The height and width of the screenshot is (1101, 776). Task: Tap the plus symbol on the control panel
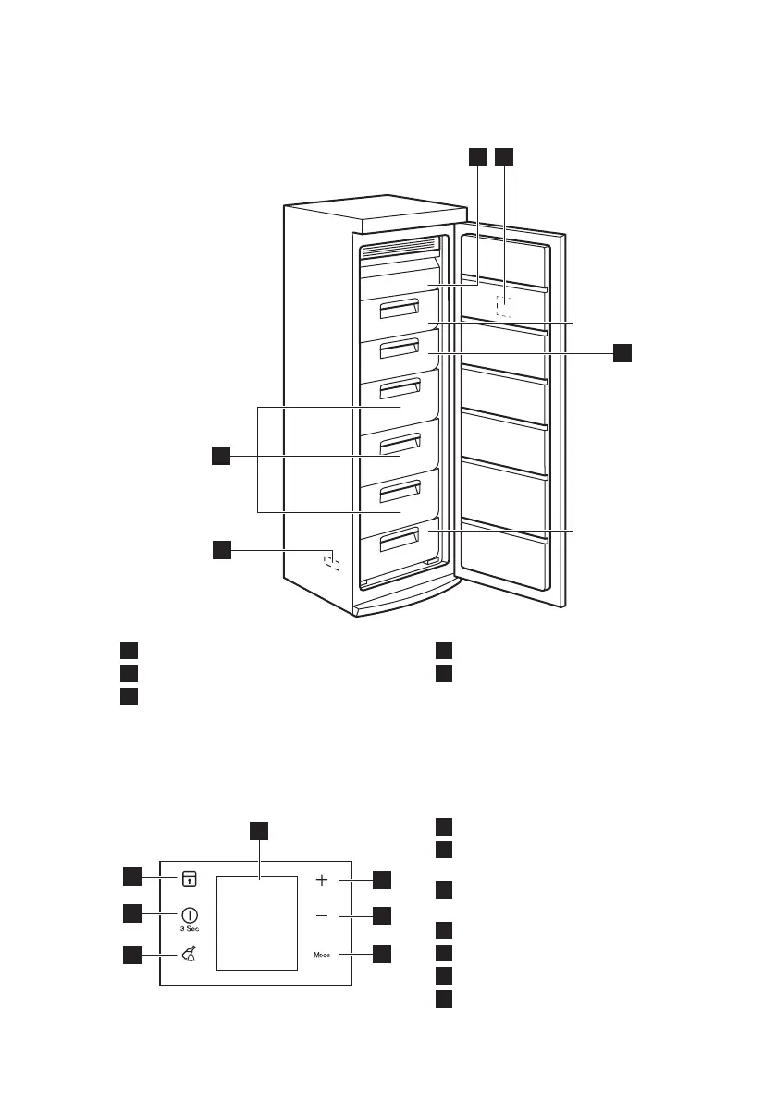point(322,881)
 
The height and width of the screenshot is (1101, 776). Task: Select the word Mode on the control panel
point(321,953)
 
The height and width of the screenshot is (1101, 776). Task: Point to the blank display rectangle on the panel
point(257,923)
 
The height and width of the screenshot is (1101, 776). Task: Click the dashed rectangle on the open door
point(504,306)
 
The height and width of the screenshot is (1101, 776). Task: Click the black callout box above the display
point(261,828)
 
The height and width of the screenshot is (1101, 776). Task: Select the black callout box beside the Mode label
point(382,953)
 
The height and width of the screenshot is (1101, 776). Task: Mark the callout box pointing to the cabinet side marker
point(221,550)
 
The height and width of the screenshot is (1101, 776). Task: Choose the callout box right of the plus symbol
point(382,880)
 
